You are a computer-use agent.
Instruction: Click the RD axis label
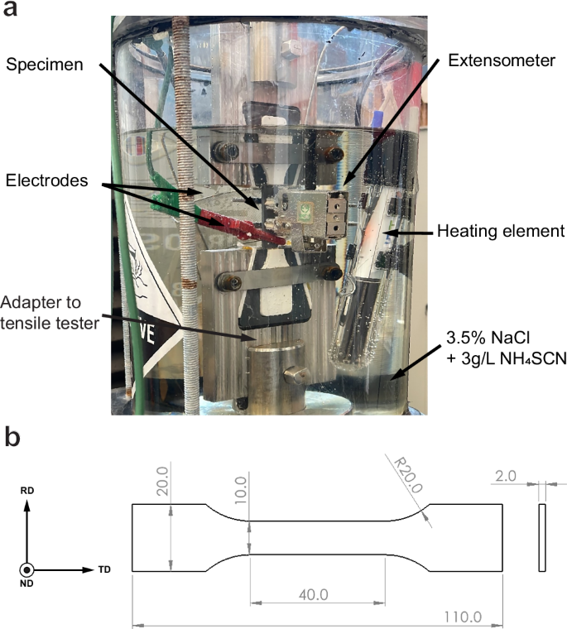[x=27, y=490]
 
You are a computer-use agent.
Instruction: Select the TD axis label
[x=104, y=569]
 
